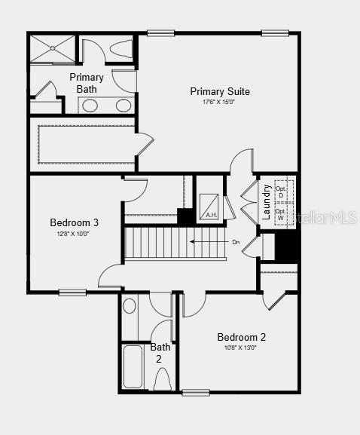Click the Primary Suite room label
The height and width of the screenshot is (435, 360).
(x=220, y=92)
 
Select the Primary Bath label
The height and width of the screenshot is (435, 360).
(x=87, y=83)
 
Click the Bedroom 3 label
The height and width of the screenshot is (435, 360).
(x=75, y=222)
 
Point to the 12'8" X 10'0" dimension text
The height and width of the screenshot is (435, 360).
(x=74, y=234)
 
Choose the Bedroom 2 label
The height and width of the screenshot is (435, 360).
(x=241, y=337)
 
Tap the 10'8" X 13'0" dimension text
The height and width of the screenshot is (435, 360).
(x=241, y=348)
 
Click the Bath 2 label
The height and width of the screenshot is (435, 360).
(x=160, y=354)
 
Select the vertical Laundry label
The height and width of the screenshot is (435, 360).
(x=266, y=201)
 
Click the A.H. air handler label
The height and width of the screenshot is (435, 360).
(x=211, y=215)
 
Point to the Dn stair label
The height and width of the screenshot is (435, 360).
(x=236, y=242)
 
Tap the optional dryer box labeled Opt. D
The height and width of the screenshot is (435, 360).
(x=282, y=191)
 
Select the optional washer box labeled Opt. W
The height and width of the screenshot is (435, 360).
(x=281, y=215)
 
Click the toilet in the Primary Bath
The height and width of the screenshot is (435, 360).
(x=121, y=49)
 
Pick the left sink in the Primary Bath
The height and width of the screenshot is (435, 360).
(x=90, y=106)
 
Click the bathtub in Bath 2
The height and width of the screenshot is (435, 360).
(x=133, y=367)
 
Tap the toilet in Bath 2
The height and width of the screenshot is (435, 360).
(x=162, y=379)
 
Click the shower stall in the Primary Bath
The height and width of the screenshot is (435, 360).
(x=53, y=49)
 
